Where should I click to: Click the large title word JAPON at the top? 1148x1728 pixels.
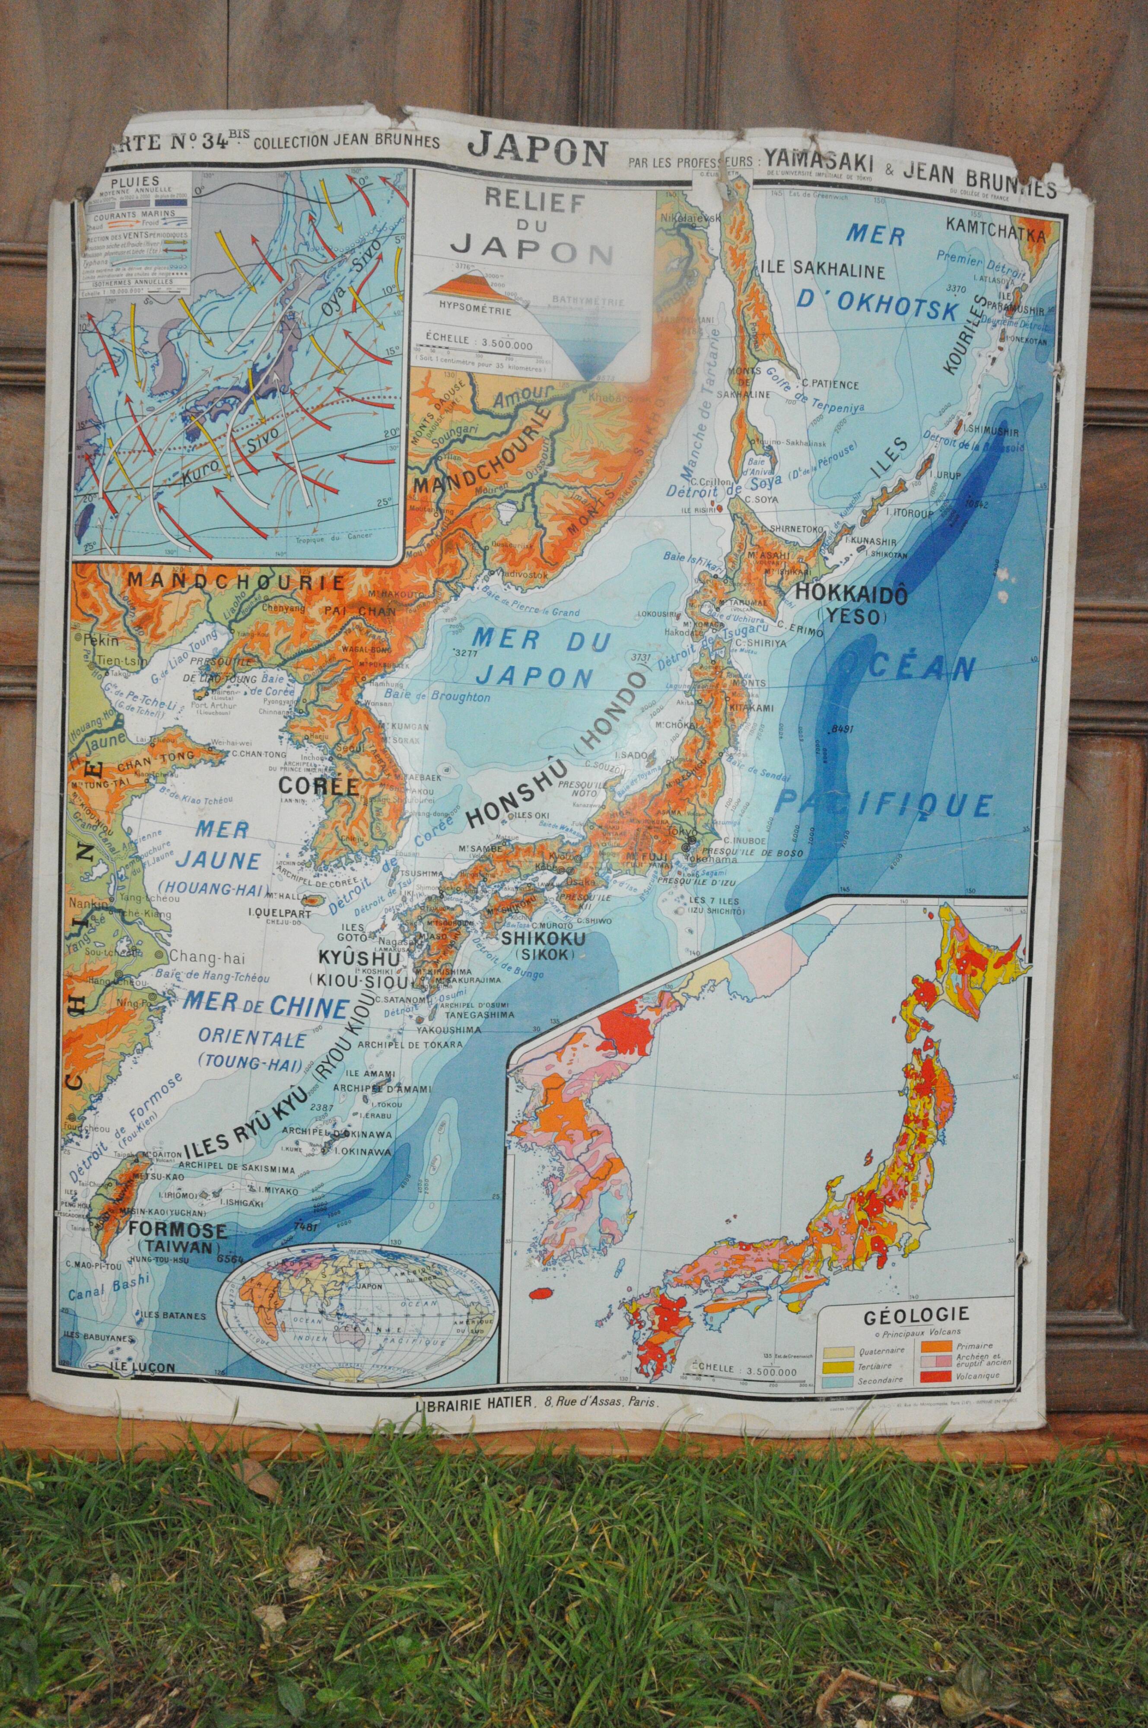pyautogui.click(x=537, y=149)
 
